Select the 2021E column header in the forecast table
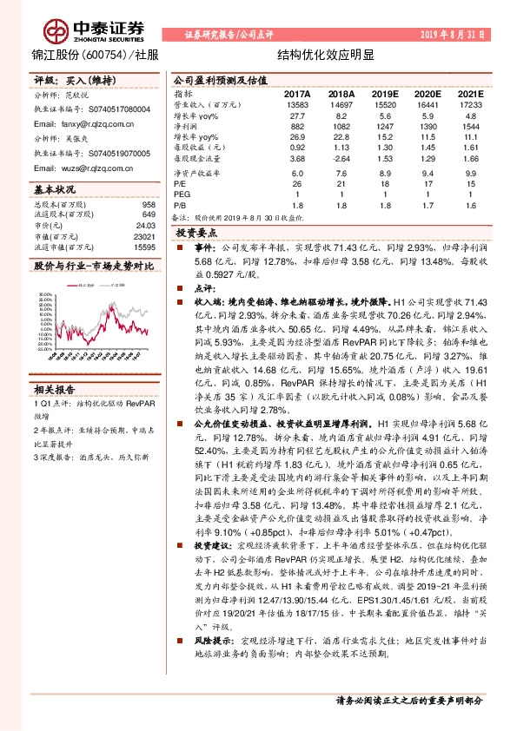[469, 93]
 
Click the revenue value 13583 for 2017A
[297, 103]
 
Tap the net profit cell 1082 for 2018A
[342, 126]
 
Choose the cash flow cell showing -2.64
[341, 159]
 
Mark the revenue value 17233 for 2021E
[469, 103]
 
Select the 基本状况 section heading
[55, 188]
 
